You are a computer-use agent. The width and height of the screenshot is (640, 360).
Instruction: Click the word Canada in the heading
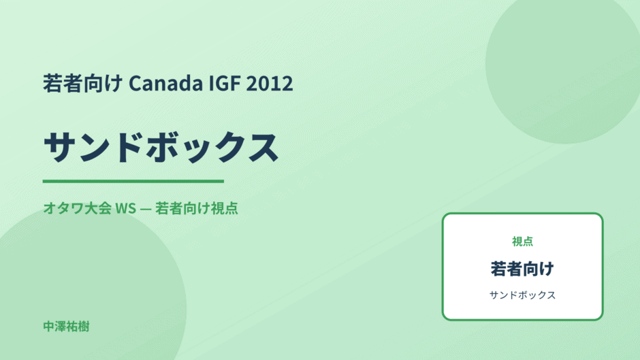pyautogui.click(x=165, y=83)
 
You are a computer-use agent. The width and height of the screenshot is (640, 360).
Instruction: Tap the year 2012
pyautogui.click(x=270, y=83)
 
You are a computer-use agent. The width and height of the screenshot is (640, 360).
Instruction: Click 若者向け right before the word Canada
pyautogui.click(x=83, y=83)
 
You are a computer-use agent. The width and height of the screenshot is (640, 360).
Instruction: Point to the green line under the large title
pyautogui.click(x=133, y=181)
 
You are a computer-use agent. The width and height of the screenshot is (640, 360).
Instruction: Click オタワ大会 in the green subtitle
pyautogui.click(x=77, y=208)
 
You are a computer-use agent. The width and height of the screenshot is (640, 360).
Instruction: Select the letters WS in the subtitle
pyautogui.click(x=126, y=208)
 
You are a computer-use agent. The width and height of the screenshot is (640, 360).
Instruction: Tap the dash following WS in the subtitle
pyautogui.click(x=145, y=209)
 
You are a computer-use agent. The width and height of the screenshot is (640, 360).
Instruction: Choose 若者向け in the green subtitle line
pyautogui.click(x=182, y=208)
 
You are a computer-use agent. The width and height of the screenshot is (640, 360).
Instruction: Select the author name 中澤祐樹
pyautogui.click(x=66, y=327)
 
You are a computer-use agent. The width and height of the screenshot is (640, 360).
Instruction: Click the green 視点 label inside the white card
pyautogui.click(x=522, y=242)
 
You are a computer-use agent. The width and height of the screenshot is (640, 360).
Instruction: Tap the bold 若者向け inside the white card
pyautogui.click(x=522, y=269)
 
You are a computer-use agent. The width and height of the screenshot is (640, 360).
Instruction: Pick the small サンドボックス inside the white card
pyautogui.click(x=522, y=295)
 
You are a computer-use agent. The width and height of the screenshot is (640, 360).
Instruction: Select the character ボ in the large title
pyautogui.click(x=161, y=147)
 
